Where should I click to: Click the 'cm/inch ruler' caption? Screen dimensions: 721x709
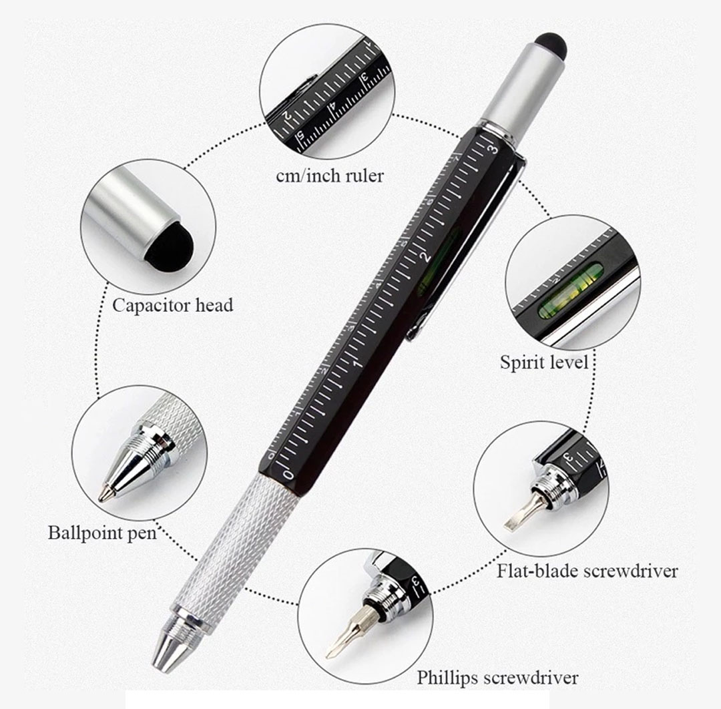[330, 175]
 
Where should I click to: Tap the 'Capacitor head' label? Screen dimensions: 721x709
[172, 305]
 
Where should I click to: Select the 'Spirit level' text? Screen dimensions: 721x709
[544, 362]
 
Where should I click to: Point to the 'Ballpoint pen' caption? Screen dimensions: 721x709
[102, 533]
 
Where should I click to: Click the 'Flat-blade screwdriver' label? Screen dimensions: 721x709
[587, 571]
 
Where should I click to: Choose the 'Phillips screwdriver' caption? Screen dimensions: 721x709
[497, 678]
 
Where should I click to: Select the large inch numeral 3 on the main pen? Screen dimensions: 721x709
[493, 148]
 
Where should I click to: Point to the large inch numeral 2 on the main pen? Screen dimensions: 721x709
[426, 256]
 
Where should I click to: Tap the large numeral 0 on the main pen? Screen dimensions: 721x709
[288, 474]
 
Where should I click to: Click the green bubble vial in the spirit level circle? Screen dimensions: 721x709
[570, 290]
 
